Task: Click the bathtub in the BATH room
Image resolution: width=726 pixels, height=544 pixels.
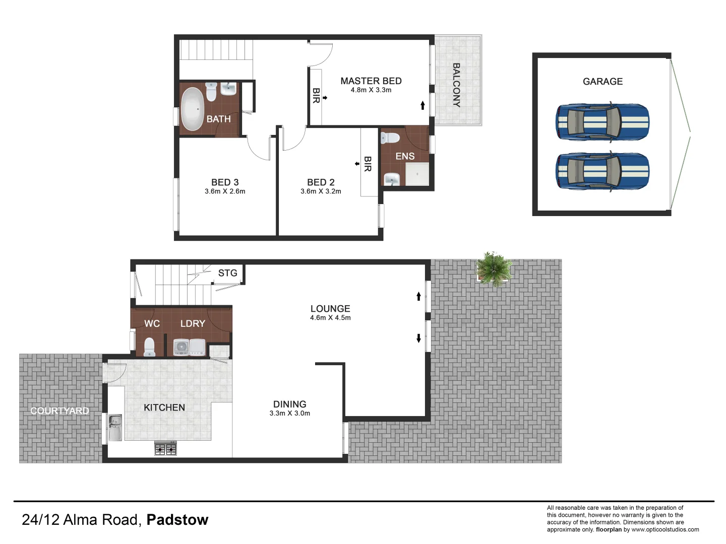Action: (192, 109)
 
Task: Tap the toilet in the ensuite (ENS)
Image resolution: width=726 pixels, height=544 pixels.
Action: (390, 138)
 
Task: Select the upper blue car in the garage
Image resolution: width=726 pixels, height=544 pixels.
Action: (602, 122)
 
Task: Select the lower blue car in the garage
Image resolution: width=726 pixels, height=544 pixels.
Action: (602, 171)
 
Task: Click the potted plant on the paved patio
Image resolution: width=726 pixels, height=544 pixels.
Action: (494, 269)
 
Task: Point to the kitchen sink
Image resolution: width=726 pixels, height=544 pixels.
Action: (115, 427)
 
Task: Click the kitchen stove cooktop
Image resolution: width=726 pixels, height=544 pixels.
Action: (165, 448)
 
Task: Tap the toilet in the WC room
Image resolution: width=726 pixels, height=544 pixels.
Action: (149, 347)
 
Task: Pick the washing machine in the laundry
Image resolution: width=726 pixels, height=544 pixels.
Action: (181, 347)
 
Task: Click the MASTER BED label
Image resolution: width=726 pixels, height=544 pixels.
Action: (371, 81)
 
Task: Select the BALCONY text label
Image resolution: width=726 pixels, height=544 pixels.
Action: (456, 85)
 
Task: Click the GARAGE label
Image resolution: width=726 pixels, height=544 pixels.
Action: (602, 82)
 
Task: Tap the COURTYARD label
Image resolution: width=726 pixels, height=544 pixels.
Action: (59, 411)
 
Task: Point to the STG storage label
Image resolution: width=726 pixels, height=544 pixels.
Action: (227, 273)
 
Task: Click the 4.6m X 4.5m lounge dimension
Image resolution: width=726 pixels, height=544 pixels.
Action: (330, 318)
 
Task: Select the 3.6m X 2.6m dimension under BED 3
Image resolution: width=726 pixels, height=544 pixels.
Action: (225, 191)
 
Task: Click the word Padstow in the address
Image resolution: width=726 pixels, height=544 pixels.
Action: (177, 520)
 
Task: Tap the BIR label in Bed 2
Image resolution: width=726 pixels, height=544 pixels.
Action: (368, 164)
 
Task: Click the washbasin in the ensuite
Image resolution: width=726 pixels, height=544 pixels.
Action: (392, 179)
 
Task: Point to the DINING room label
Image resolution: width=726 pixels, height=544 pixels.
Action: (290, 404)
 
